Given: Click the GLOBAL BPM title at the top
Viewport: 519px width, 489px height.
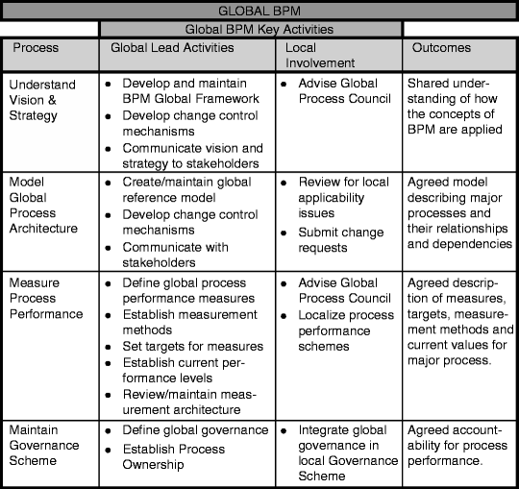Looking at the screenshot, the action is (259, 11).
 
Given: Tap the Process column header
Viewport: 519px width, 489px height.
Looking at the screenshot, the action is (34, 48).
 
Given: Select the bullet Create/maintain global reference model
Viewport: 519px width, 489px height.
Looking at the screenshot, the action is (191, 190).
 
